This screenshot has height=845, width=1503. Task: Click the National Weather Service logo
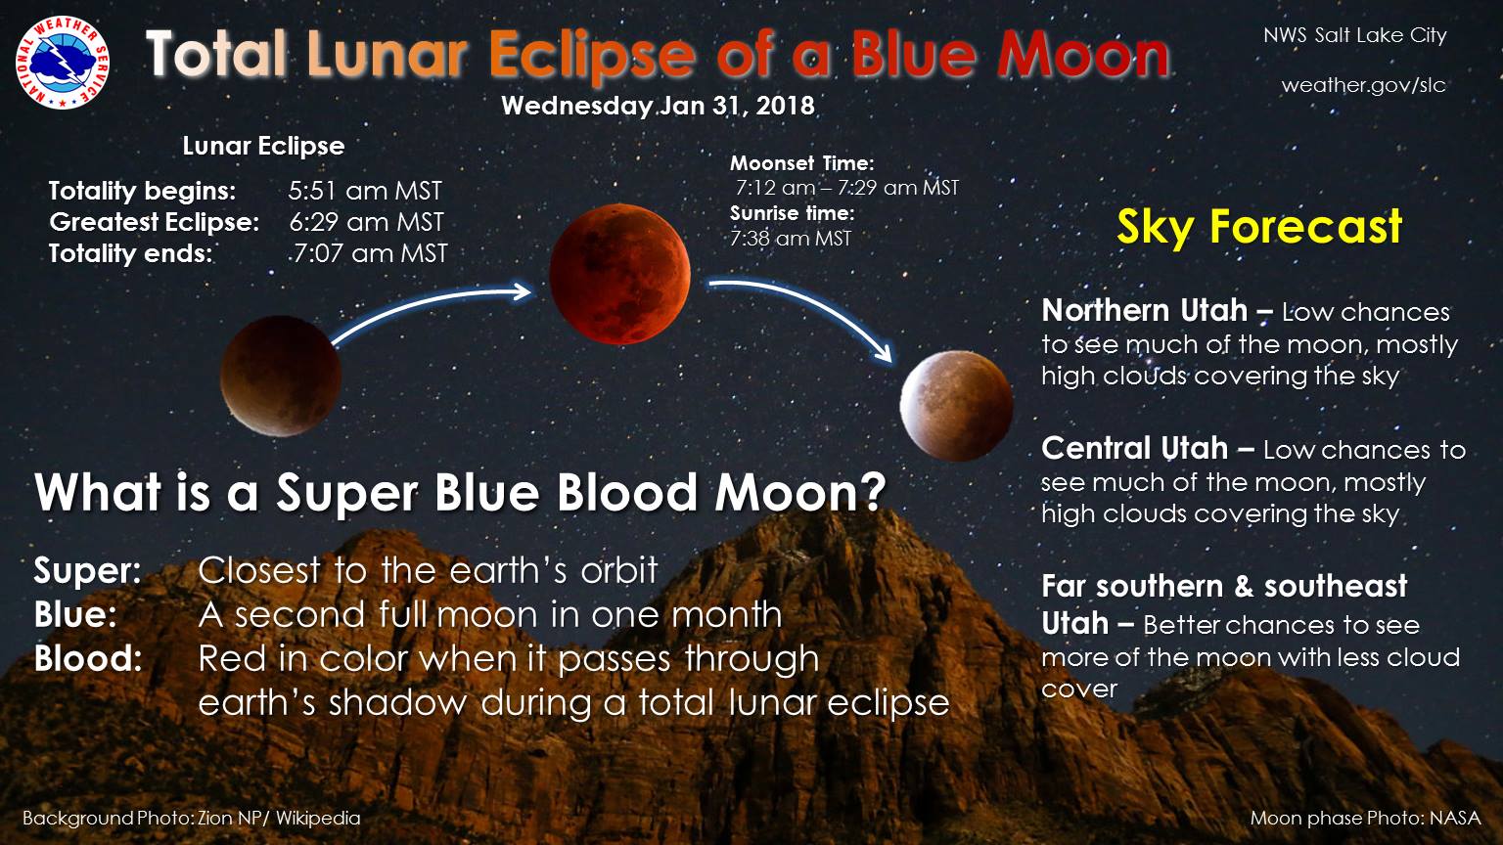click(x=63, y=63)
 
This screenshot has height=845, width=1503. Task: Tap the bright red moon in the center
click(x=619, y=274)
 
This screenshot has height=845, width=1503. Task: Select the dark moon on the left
click(x=281, y=377)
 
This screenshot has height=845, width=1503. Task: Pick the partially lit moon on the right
click(x=956, y=406)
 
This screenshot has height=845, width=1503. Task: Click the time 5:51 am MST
click(x=365, y=191)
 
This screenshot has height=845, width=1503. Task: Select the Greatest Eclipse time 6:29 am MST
click(x=366, y=222)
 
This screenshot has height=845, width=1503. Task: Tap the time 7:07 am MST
click(x=371, y=253)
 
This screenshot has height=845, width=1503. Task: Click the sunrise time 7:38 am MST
click(x=791, y=238)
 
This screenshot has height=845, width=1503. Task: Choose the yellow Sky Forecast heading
click(x=1259, y=227)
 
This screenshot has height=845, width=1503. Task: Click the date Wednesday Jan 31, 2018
click(x=658, y=106)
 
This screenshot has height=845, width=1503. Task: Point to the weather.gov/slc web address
click(x=1363, y=85)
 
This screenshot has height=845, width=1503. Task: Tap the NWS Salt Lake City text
click(x=1354, y=35)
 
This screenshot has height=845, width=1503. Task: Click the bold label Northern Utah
click(x=1145, y=310)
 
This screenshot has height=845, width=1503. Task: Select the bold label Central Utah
click(x=1135, y=448)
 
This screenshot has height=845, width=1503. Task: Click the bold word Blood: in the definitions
click(x=89, y=658)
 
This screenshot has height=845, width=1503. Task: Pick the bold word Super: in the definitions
click(x=88, y=571)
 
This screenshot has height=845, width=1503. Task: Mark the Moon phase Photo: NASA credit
click(x=1365, y=819)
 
